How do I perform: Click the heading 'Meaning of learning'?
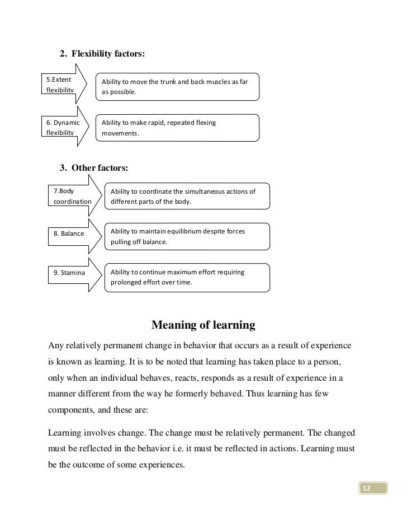click(203, 325)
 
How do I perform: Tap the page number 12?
click(367, 489)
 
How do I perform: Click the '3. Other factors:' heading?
click(94, 167)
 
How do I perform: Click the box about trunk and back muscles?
click(177, 87)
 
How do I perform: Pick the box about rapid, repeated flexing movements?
click(177, 128)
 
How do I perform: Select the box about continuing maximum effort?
click(187, 277)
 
